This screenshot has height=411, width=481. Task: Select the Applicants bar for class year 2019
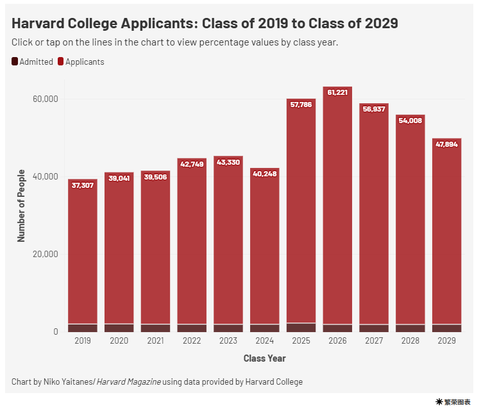pyautogui.click(x=83, y=256)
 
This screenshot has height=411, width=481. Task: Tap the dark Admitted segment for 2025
pyautogui.click(x=301, y=327)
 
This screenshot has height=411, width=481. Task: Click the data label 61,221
pyautogui.click(x=337, y=92)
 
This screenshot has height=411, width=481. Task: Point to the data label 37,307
pyautogui.click(x=83, y=185)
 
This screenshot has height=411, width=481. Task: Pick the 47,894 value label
pyautogui.click(x=446, y=144)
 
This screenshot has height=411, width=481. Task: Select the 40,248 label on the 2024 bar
pyautogui.click(x=264, y=173)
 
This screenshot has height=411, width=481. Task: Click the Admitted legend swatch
pyautogui.click(x=15, y=62)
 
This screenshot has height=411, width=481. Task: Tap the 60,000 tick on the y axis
pyautogui.click(x=46, y=99)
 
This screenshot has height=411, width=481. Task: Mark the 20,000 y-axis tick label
pyautogui.click(x=46, y=254)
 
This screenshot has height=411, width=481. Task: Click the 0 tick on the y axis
pyautogui.click(x=56, y=331)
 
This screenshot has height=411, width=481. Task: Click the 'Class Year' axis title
pyautogui.click(x=264, y=358)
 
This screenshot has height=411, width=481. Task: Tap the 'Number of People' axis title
pyautogui.click(x=21, y=205)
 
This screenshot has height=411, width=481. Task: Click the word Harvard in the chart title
pyautogui.click(x=40, y=24)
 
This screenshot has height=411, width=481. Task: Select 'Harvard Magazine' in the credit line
pyautogui.click(x=128, y=382)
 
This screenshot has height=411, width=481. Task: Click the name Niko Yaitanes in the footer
pyautogui.click(x=67, y=382)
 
